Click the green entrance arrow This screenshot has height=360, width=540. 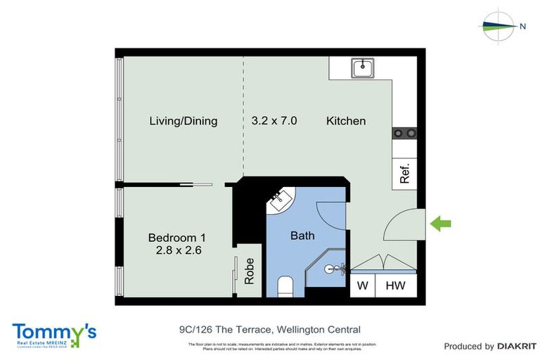coord(441,224)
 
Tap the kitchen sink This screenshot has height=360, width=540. coord(363,68)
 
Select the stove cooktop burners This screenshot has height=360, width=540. coord(405,132)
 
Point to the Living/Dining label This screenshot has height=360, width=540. coord(183,121)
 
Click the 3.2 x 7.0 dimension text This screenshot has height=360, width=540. coord(274,121)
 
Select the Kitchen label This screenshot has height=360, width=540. coord(346,121)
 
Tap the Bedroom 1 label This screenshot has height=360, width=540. coord(176,237)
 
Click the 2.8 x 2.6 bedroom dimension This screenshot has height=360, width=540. coord(176,250)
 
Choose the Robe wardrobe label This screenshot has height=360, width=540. coord(249,271)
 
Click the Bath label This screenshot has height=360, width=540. coord(302,236)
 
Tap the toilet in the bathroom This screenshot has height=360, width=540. coord(285,286)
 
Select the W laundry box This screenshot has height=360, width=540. coord(363,286)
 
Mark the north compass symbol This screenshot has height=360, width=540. coord(500,26)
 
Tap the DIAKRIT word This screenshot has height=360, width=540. coord(517,346)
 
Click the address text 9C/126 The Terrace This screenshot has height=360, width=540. coord(270,329)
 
